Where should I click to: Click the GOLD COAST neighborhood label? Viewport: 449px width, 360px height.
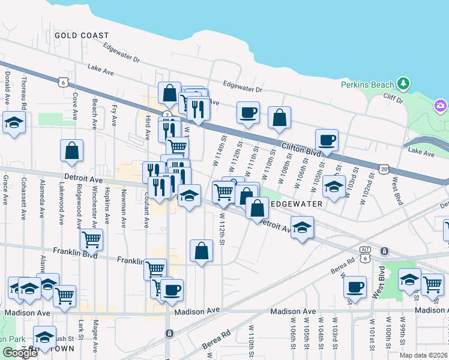pos(82,35)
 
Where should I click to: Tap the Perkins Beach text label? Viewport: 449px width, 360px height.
pos(367,85)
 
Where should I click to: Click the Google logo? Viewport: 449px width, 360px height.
pos(20,353)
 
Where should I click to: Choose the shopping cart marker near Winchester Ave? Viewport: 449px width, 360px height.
pos(91,239)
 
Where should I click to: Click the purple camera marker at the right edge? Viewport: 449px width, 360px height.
pos(441,106)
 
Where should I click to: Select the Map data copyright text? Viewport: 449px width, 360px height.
pos(424,355)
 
